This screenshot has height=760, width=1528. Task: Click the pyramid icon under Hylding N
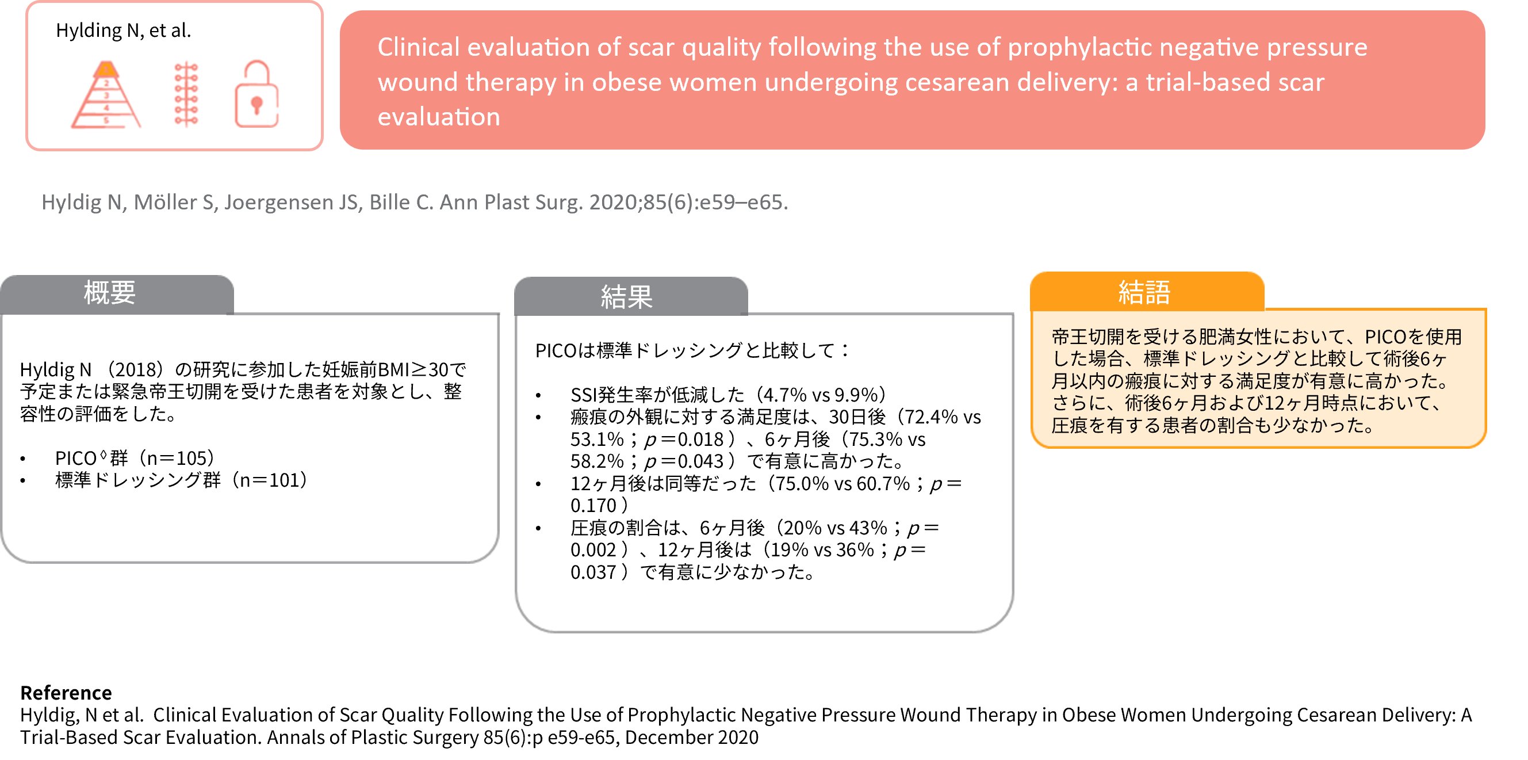pos(106,95)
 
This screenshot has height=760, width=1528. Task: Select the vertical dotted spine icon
pos(186,94)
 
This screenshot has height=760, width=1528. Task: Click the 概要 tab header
pos(116,293)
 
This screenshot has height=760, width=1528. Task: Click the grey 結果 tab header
pos(630,296)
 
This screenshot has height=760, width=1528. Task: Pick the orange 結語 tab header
pos(1147,292)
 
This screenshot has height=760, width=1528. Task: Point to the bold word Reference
pos(66,692)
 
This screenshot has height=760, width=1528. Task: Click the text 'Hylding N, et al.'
pos(124,30)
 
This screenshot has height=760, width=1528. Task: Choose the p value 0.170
pos(593,506)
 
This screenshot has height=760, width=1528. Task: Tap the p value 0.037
pos(593,572)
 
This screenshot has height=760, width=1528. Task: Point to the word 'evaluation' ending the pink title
pos(439,117)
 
